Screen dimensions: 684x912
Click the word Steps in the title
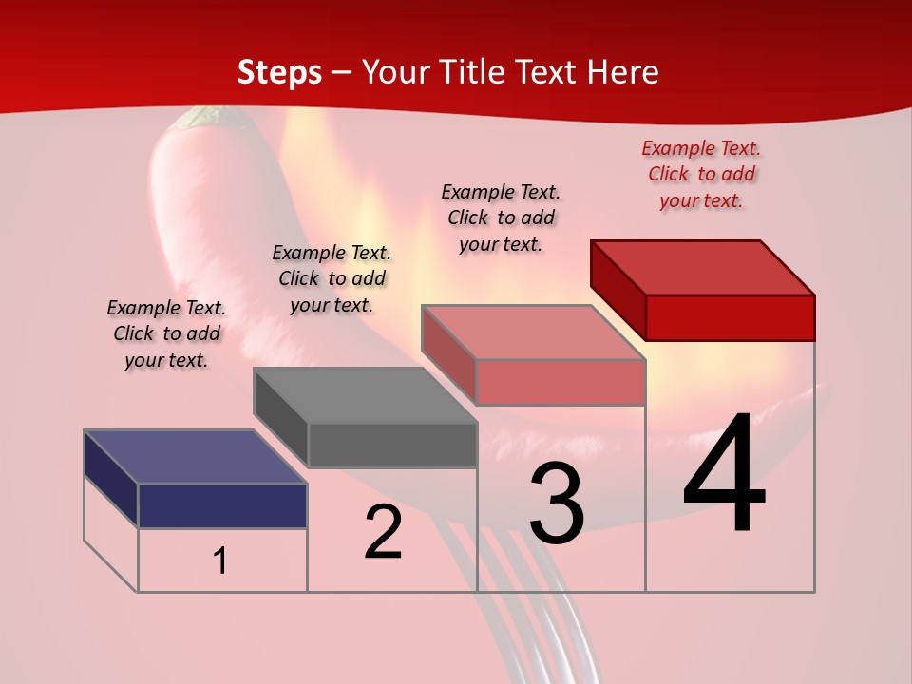pos(279,72)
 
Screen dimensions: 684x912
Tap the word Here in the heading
pos(622,72)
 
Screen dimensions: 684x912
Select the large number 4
pos(724,474)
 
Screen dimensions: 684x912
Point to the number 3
pos(557,503)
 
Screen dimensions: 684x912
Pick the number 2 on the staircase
pos(383,532)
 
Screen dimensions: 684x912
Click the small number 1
pos(220,560)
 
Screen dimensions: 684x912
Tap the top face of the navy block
pos(195,457)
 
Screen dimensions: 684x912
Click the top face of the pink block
pos(533,332)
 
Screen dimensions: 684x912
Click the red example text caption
pos(701,174)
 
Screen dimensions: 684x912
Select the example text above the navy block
pos(166,333)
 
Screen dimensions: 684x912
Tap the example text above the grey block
pos(332,278)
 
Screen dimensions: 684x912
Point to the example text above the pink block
pos(501,218)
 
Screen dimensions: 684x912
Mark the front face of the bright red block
pos(730,317)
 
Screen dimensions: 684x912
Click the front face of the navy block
pos(222,505)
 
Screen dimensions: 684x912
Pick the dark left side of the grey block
pos(280,418)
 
